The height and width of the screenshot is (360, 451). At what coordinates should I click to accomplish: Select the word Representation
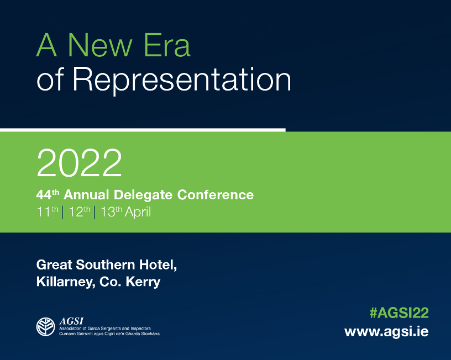point(181,80)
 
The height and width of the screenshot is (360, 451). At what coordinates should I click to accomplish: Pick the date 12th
point(80,212)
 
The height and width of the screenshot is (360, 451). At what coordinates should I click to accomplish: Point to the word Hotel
point(159,264)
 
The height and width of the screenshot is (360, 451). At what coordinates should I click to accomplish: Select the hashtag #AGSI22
point(399,313)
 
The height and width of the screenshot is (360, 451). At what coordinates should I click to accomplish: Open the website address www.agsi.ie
point(386,332)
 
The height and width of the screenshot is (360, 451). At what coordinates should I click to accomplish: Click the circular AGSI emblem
point(46,327)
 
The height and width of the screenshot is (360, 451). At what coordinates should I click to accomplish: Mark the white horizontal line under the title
point(143,130)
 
